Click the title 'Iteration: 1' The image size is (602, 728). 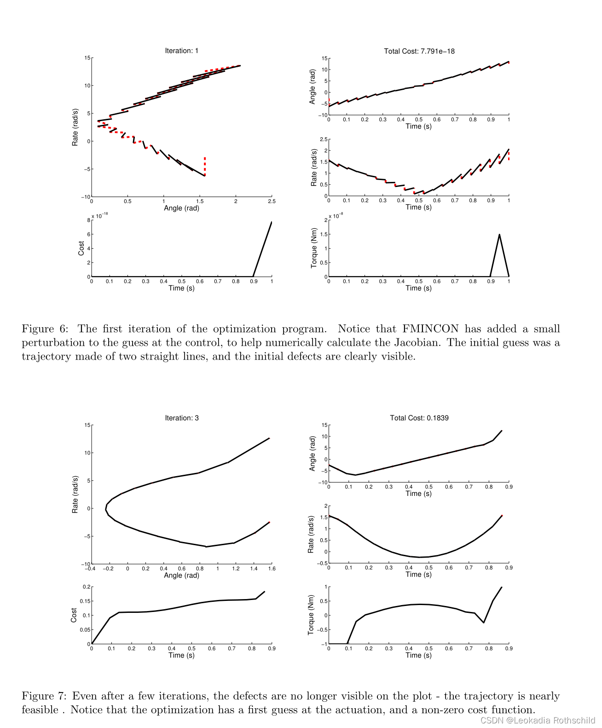pos(181,51)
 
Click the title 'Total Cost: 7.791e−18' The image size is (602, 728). pos(419,51)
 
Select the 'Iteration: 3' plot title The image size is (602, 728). pos(181,418)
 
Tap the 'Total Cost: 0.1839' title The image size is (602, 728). pos(419,418)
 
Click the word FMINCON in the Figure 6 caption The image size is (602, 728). pos(430,329)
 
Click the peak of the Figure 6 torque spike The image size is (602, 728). pos(499,235)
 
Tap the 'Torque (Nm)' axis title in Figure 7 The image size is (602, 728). pos(311,615)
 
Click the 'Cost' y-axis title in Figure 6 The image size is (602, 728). pos(81,248)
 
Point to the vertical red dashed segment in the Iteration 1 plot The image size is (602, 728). pos(205,166)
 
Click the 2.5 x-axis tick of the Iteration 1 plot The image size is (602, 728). pos(272,201)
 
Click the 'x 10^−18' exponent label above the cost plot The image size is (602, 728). pos(99,215)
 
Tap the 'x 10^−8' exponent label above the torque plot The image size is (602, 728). pos(336,215)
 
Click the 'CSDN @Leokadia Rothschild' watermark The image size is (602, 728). pos(537,720)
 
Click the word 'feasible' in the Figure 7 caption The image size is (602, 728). pos(40,710)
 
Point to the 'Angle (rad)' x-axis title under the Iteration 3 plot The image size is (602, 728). pos(181,575)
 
